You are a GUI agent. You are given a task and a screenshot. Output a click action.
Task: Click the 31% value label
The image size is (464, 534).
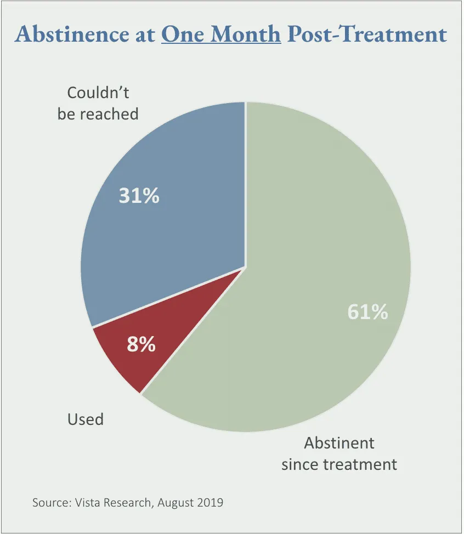click(139, 196)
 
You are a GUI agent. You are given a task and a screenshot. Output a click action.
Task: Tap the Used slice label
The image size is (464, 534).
click(85, 419)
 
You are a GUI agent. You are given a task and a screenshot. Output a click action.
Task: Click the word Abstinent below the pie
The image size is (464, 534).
click(339, 442)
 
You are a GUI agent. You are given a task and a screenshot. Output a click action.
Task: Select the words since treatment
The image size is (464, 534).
click(339, 464)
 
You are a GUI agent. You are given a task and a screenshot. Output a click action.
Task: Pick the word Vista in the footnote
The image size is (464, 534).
click(89, 502)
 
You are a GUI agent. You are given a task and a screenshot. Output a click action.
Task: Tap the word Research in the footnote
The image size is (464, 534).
click(130, 502)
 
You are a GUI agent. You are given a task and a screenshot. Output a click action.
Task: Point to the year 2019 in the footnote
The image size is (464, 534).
click(211, 502)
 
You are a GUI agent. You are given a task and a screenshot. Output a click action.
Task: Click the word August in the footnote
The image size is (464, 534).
click(176, 502)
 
